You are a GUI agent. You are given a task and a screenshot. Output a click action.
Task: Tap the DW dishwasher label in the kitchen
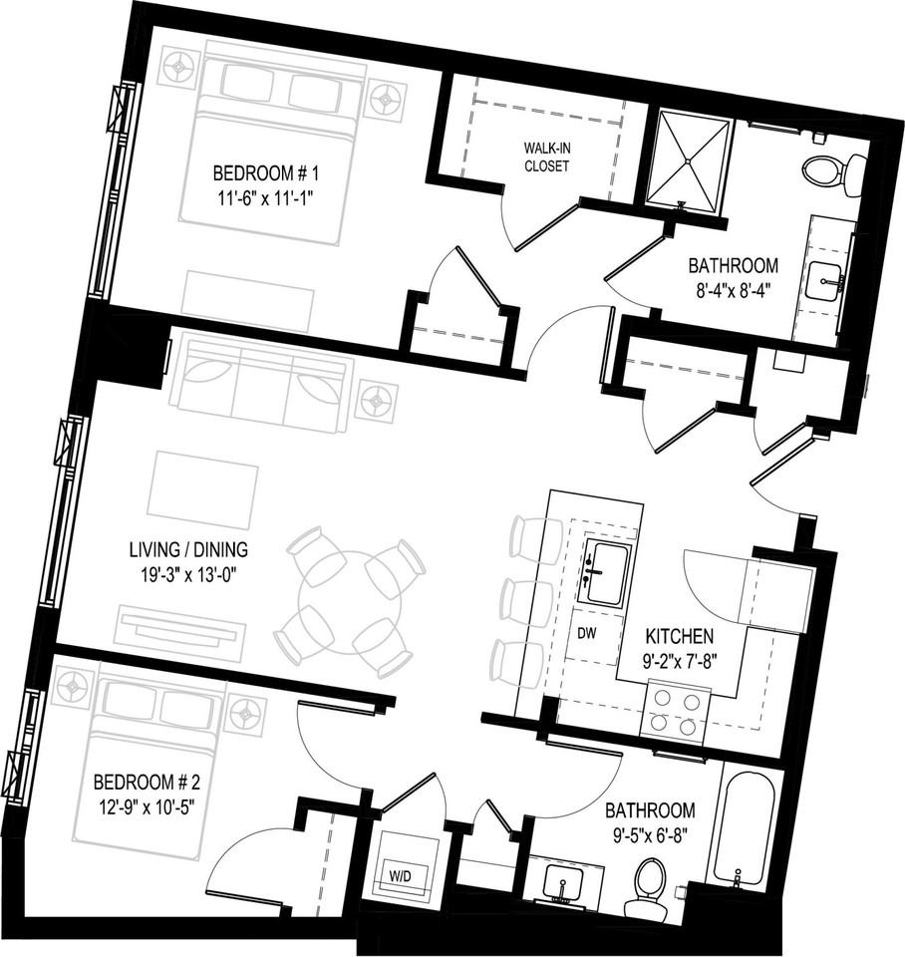(589, 631)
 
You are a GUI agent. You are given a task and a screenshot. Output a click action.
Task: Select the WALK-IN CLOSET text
(547, 158)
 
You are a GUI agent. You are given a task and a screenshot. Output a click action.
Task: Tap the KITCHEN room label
(679, 636)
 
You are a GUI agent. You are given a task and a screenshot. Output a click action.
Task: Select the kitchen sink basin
(606, 573)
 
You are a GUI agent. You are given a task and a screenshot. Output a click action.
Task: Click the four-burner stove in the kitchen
(673, 711)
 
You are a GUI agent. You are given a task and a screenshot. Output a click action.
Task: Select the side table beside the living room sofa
(378, 402)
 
